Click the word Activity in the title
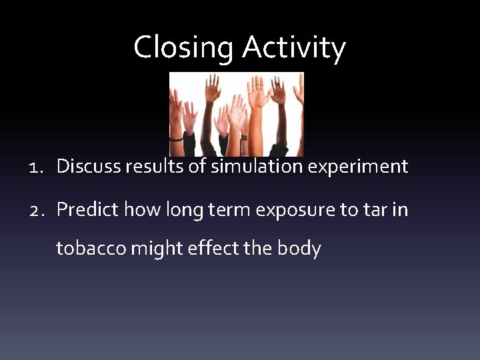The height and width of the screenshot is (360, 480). (294, 48)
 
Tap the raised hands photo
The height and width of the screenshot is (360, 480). (237, 114)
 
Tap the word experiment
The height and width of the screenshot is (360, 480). (357, 167)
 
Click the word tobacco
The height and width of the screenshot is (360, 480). (91, 248)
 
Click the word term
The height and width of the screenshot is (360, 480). (229, 210)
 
